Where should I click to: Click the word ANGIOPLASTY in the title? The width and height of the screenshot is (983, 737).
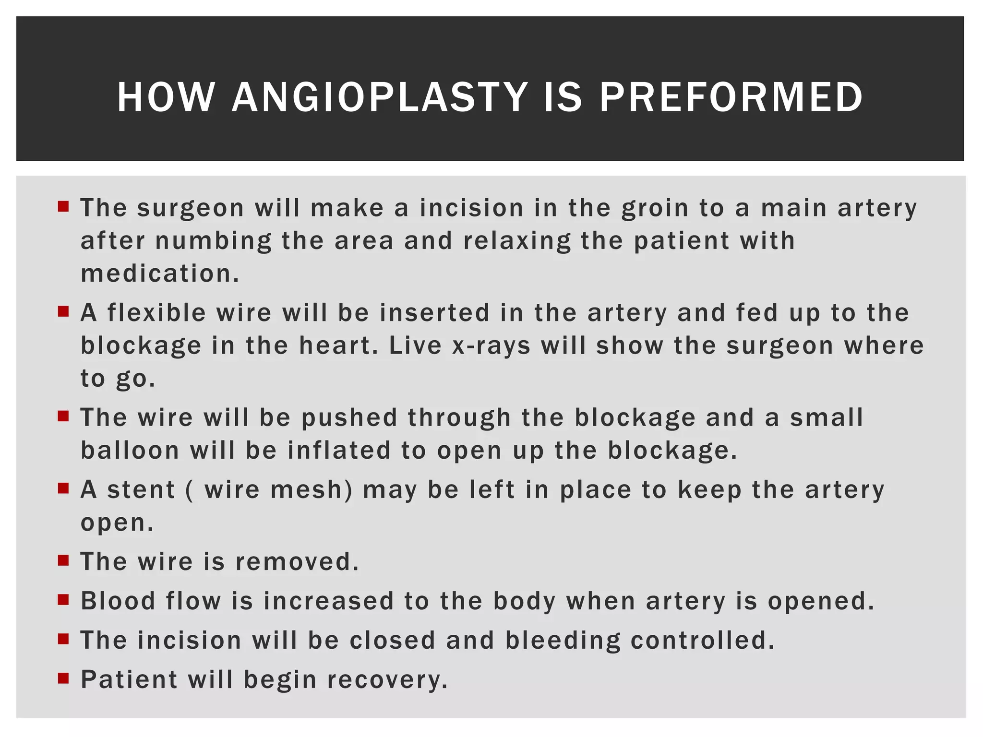coord(380,97)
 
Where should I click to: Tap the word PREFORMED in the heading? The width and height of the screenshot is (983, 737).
coord(731,97)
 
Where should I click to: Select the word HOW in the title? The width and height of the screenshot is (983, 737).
coord(166,97)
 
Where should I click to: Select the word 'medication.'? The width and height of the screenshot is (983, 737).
coord(160,273)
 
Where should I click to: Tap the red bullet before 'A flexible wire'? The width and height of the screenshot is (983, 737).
coord(63,312)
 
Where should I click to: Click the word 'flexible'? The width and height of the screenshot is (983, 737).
coord(157,313)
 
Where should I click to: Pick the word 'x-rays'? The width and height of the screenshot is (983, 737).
coord(491,346)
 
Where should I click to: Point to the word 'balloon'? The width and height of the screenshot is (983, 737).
coord(130,451)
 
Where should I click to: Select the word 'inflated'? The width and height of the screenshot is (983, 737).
coord(339,451)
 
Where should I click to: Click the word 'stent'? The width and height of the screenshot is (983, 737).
coord(141,490)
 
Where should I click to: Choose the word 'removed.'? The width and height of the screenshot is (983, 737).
coord(297,562)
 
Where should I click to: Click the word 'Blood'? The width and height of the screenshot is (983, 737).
coord(118,601)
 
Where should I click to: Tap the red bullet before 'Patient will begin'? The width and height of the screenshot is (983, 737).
coord(63,678)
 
